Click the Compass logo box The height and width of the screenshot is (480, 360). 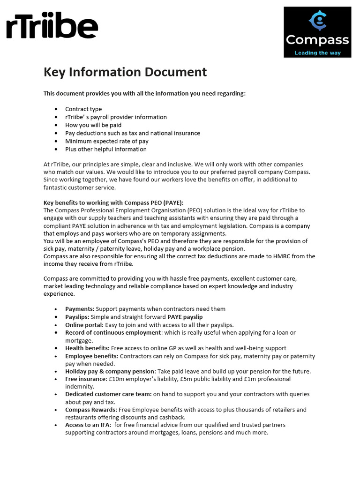point(317,32)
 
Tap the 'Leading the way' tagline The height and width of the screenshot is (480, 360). point(317,53)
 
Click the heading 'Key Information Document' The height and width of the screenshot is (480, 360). point(125,72)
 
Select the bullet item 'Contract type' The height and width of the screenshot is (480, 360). point(83,109)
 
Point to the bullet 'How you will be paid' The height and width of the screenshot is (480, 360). point(93,125)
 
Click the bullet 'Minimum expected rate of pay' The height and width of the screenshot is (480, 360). point(107,141)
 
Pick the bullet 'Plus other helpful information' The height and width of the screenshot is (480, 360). point(106,149)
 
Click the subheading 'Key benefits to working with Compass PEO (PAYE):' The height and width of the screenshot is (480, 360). point(113,202)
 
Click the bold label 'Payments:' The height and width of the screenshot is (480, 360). point(80,309)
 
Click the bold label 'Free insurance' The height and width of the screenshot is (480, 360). point(86,379)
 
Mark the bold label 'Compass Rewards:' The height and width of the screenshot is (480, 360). point(91,410)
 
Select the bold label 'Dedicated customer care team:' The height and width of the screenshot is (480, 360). point(108,394)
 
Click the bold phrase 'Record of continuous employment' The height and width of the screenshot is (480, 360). point(113,332)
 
